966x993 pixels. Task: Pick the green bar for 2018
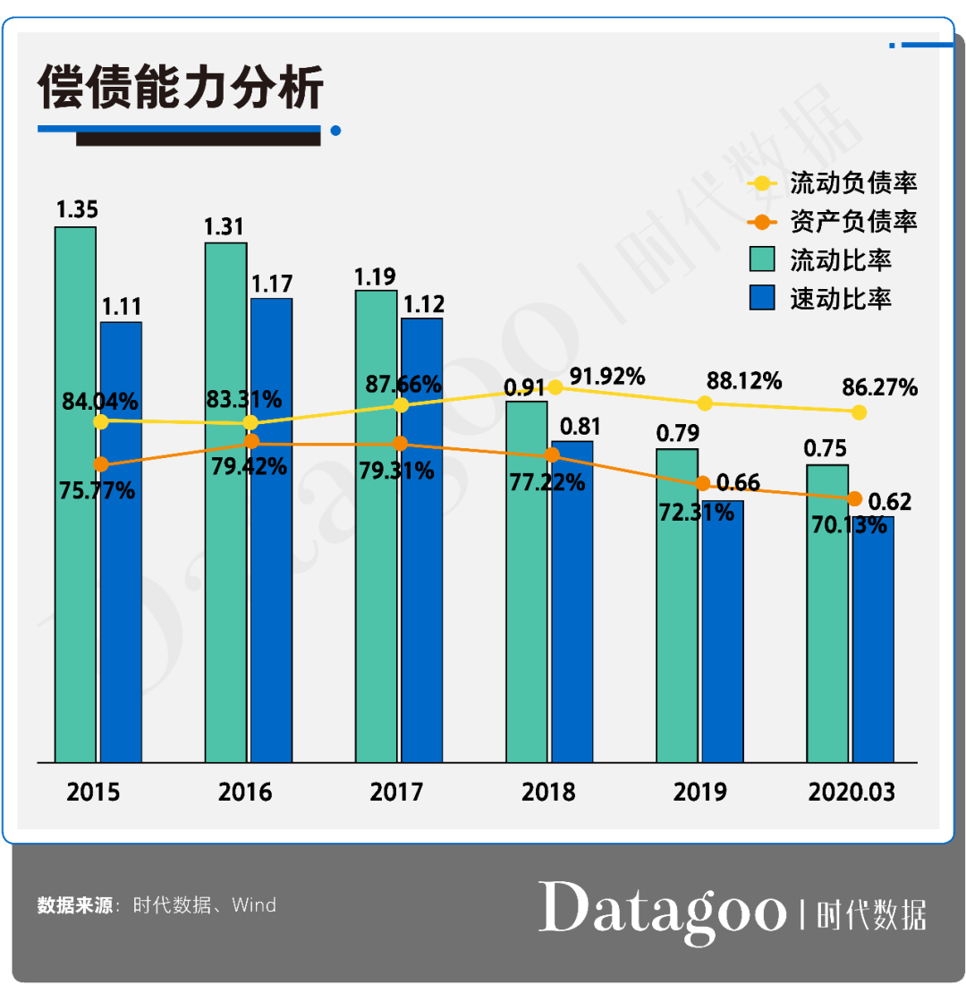(x=527, y=626)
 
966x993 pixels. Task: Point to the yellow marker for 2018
(x=555, y=387)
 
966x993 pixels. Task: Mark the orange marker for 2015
(x=101, y=464)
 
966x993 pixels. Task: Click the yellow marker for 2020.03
(x=859, y=412)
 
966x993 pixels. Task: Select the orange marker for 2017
(x=401, y=444)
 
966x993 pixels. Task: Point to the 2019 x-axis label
(x=699, y=792)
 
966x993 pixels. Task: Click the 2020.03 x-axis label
(x=851, y=792)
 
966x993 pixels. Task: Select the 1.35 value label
(x=77, y=210)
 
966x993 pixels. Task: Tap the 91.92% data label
(x=607, y=377)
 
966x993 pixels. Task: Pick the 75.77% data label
(x=98, y=490)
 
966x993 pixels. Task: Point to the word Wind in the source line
(x=254, y=905)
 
